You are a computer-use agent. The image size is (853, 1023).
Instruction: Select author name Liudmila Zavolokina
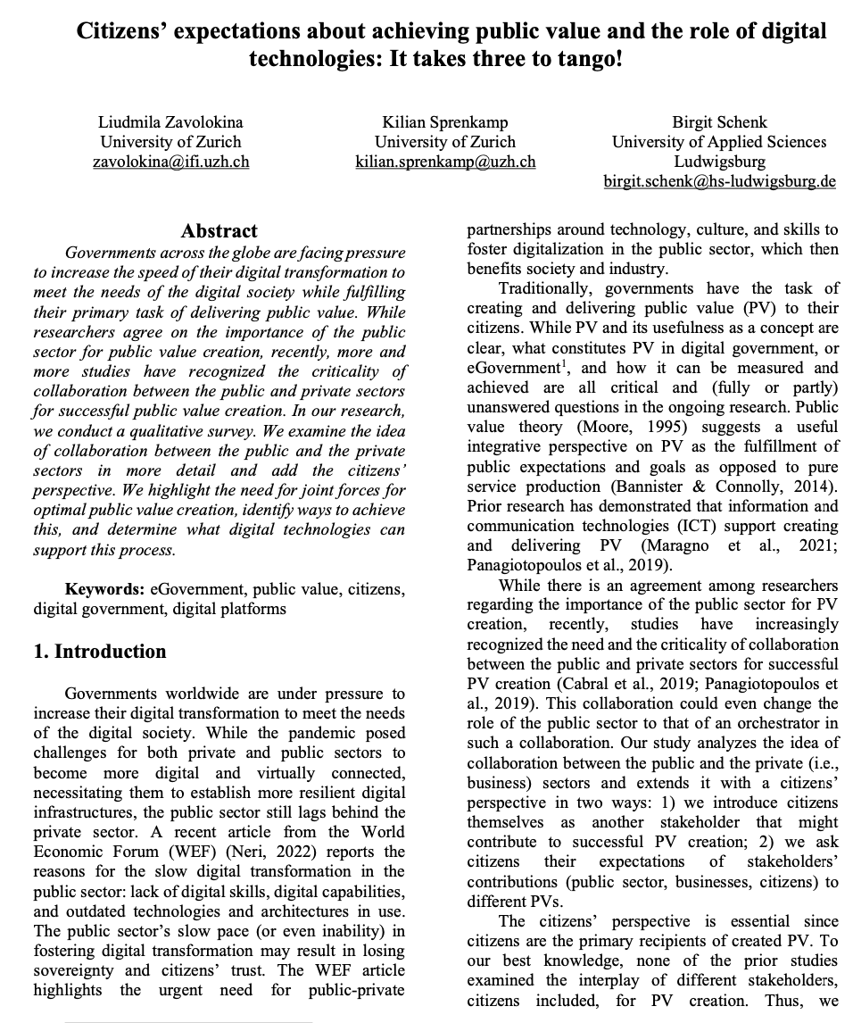tap(170, 121)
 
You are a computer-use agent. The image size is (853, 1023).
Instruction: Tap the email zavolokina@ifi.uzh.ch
tap(170, 162)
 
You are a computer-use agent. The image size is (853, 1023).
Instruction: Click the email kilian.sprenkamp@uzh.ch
tap(445, 162)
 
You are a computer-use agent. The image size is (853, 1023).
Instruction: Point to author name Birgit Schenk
tap(719, 121)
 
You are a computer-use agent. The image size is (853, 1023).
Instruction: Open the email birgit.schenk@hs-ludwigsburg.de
tap(719, 181)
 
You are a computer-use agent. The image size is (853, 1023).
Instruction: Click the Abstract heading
tap(219, 231)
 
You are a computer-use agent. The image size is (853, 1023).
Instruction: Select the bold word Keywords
tap(104, 589)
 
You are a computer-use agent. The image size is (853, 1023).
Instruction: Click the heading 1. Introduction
tap(99, 651)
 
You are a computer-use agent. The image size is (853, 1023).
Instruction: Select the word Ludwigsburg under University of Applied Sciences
tap(719, 162)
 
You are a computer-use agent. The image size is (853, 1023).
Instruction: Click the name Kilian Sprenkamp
tap(445, 121)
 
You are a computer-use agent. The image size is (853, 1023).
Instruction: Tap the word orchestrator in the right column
tap(767, 722)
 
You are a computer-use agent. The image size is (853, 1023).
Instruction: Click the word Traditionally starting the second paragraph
tap(542, 288)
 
